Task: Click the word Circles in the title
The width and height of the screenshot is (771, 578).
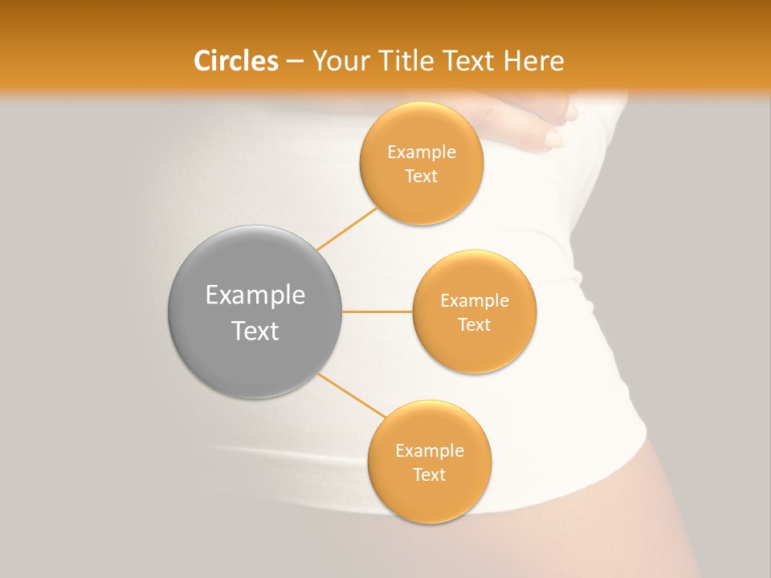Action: coord(235,61)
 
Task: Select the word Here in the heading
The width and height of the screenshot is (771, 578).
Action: coord(534,61)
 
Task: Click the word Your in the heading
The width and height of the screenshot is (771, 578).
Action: coord(337,62)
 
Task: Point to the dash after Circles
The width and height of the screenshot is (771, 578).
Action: coord(295,62)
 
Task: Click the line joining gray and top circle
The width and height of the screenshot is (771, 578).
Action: coord(347,229)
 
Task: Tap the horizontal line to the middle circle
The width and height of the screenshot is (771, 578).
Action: coord(377,311)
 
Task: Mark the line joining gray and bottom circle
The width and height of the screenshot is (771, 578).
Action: coord(352,394)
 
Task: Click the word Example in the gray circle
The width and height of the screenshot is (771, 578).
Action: coord(255,295)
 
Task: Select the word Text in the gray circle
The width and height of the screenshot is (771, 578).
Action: coord(255,331)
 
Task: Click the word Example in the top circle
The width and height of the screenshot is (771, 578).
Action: coord(422,153)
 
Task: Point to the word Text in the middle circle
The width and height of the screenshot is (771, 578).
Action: coord(475,324)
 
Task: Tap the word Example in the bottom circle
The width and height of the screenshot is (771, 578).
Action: coord(430,451)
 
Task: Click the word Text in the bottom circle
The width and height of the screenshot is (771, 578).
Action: coord(430,474)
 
